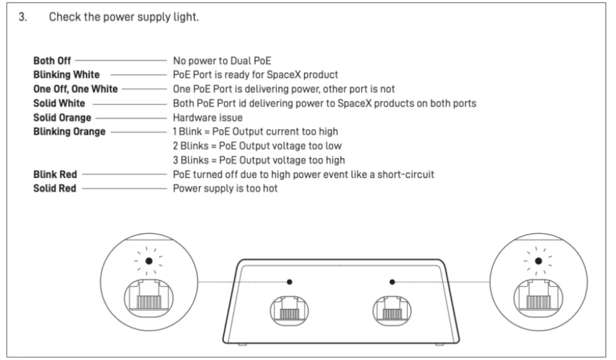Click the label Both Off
[52, 61]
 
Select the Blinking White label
[66, 75]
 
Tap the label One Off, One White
[75, 89]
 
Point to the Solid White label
[59, 103]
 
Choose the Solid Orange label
[62, 117]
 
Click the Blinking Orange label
[69, 132]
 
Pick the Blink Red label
[55, 174]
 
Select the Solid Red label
[55, 188]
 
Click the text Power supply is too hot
[225, 188]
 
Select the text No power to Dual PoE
[222, 61]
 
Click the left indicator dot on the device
[289, 282]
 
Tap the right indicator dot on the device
[392, 282]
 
